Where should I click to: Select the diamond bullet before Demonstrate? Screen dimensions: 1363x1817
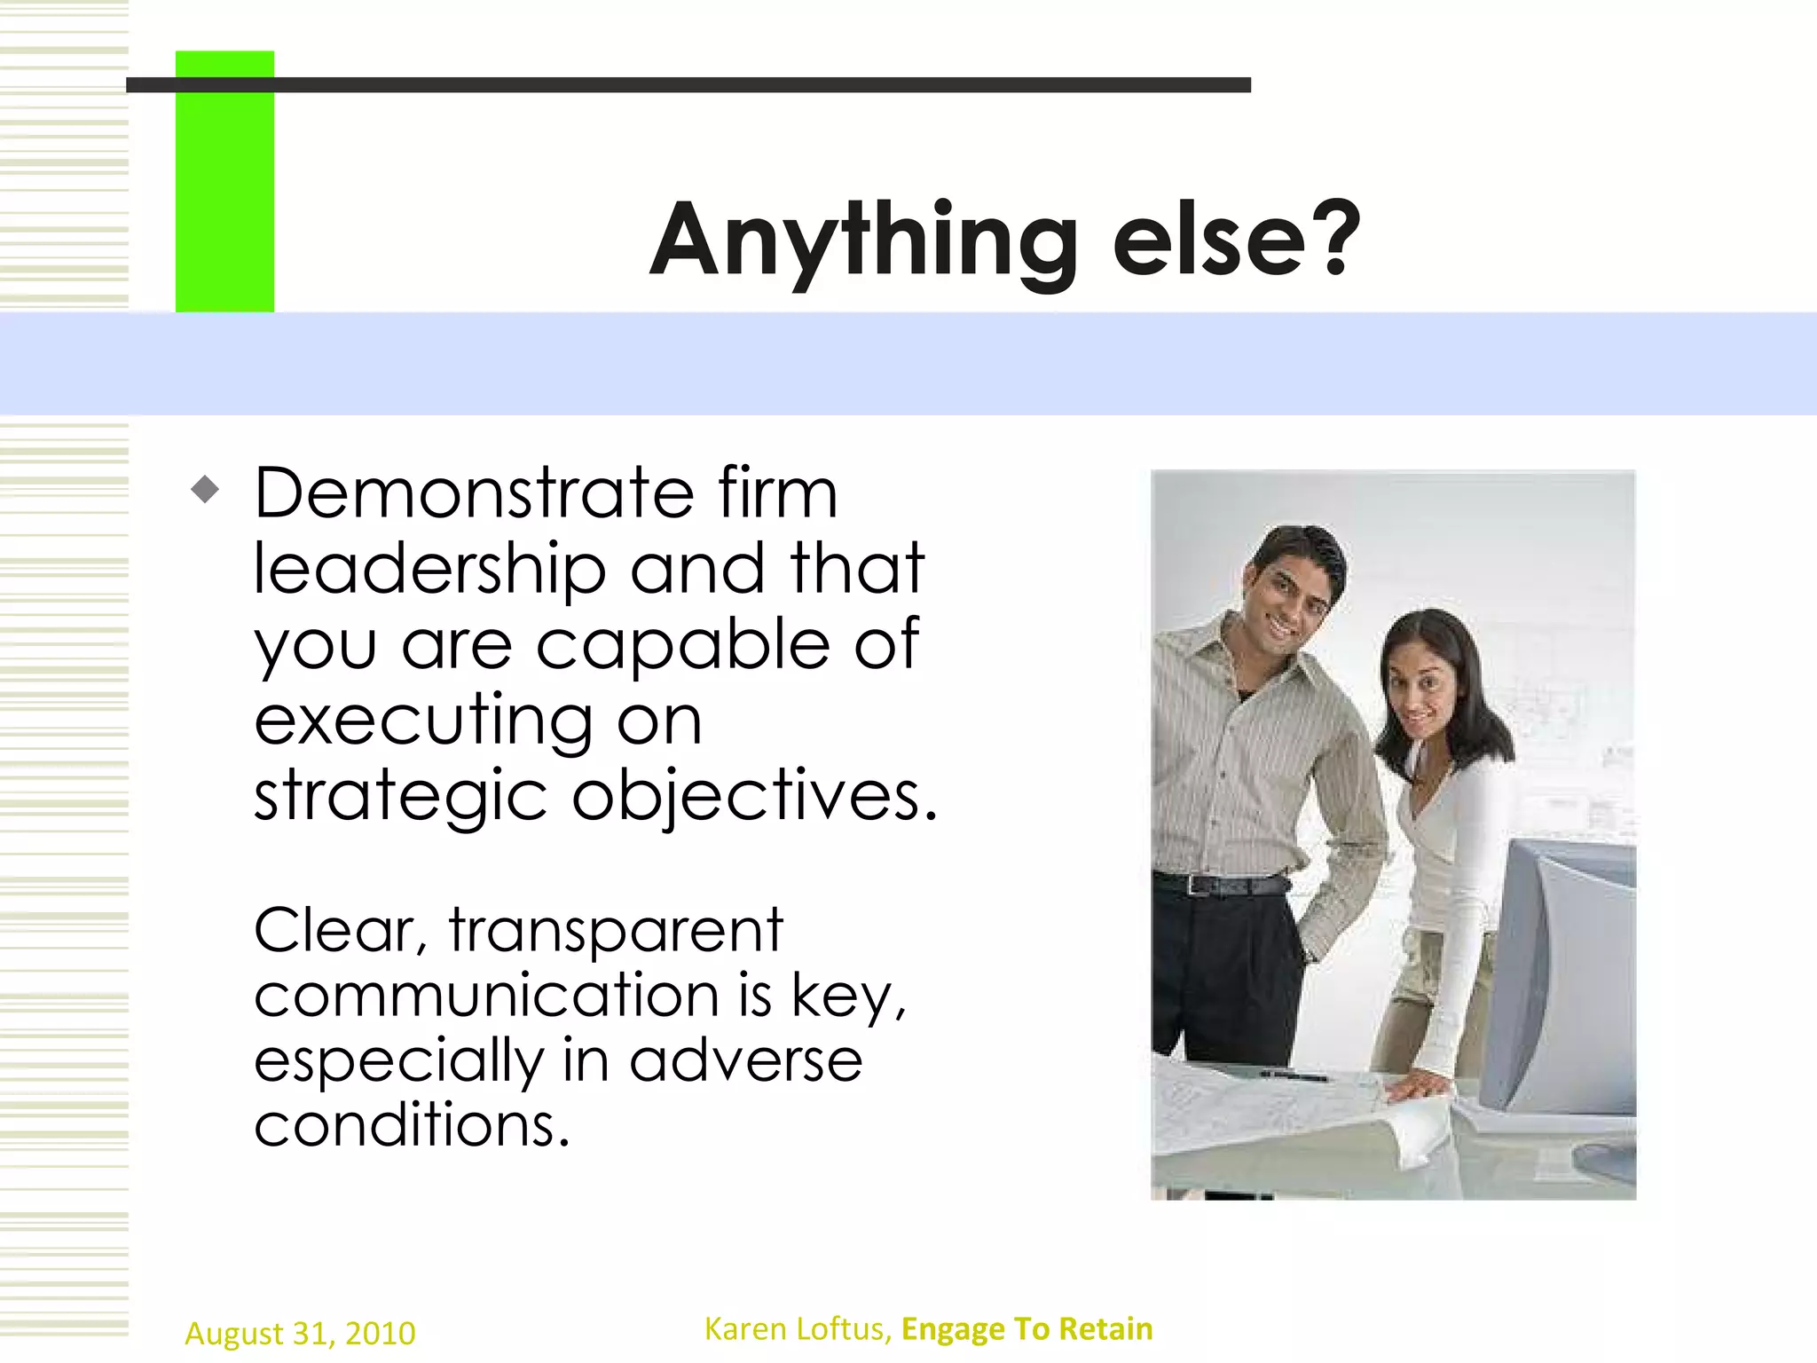point(205,489)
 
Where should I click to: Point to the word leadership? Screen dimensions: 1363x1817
point(429,570)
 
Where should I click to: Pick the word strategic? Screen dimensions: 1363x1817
point(401,796)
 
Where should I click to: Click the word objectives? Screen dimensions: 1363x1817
point(754,796)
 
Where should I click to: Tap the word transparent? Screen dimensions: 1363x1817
point(616,930)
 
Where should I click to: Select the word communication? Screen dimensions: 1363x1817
point(486,995)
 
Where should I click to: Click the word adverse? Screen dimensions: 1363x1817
point(745,1060)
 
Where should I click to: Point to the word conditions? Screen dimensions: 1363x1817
point(412,1125)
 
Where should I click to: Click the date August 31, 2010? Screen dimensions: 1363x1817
point(300,1334)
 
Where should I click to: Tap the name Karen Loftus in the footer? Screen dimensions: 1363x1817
point(797,1329)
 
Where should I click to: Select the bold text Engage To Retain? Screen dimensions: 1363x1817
point(1026,1329)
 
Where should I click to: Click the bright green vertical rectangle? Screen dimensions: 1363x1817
point(224,182)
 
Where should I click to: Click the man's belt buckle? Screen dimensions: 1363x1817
point(1199,886)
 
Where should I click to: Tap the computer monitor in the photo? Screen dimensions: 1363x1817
point(1566,976)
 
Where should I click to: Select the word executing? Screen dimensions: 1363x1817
point(424,721)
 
